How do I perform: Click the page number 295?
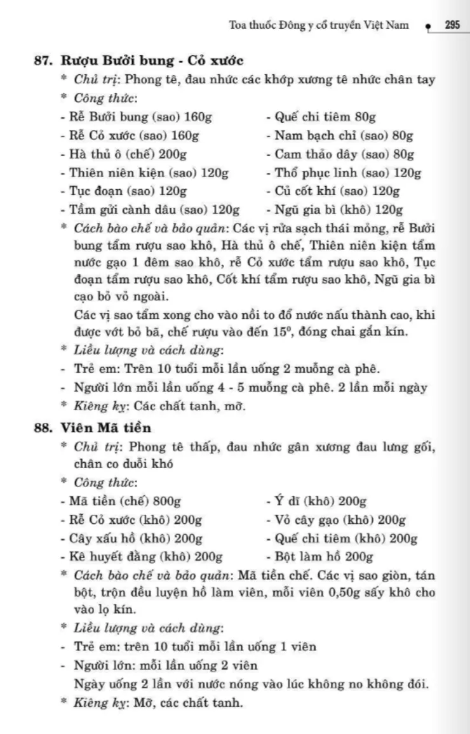pyautogui.click(x=452, y=25)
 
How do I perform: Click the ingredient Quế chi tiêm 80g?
pyautogui.click(x=321, y=117)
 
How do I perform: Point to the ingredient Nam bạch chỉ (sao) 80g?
pyautogui.click(x=340, y=135)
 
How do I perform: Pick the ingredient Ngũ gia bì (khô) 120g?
pyautogui.click(x=335, y=210)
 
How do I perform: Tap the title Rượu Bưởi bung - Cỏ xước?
pyautogui.click(x=152, y=61)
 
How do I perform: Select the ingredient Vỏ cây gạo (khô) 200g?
pyautogui.click(x=335, y=520)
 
